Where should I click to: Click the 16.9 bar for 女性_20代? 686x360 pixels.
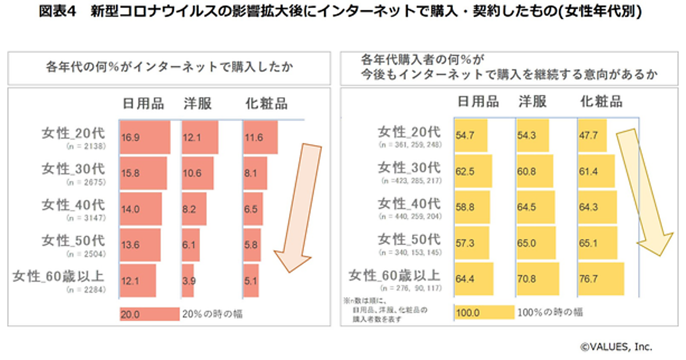(x=145, y=137)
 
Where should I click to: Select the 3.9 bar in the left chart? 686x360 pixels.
(x=188, y=281)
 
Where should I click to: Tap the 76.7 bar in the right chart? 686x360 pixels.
(x=601, y=281)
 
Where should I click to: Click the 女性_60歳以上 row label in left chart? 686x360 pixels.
(x=59, y=277)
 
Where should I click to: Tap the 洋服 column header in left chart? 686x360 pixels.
(x=197, y=103)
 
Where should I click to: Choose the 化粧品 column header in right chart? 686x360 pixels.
(x=601, y=102)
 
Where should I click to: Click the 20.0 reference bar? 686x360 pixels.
(x=149, y=314)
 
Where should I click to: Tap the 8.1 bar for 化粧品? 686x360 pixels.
(x=255, y=173)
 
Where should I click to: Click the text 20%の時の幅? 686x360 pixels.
(x=212, y=314)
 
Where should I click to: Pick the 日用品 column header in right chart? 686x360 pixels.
(x=478, y=102)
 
